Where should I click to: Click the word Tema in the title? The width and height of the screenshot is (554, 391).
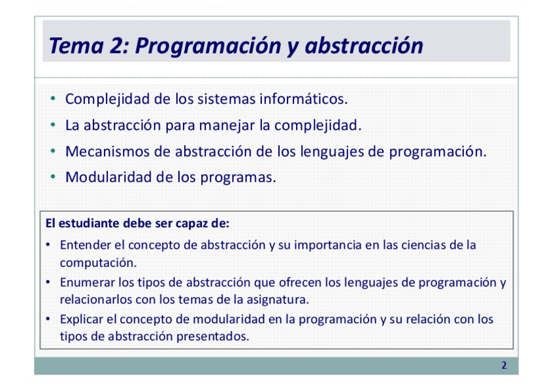76,46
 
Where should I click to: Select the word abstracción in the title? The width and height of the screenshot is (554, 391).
364,46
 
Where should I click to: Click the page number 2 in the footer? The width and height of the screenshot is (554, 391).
504,366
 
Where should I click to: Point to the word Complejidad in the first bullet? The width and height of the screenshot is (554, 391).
108,99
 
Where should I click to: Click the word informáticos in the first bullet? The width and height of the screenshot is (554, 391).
304,99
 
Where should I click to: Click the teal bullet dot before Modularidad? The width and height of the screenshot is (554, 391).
53,176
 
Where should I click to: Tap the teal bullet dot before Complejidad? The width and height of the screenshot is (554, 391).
53,99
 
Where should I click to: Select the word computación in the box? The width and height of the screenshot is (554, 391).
98,263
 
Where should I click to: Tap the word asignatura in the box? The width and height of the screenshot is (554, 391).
278,300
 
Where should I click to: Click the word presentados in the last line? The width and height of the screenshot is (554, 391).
213,336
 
